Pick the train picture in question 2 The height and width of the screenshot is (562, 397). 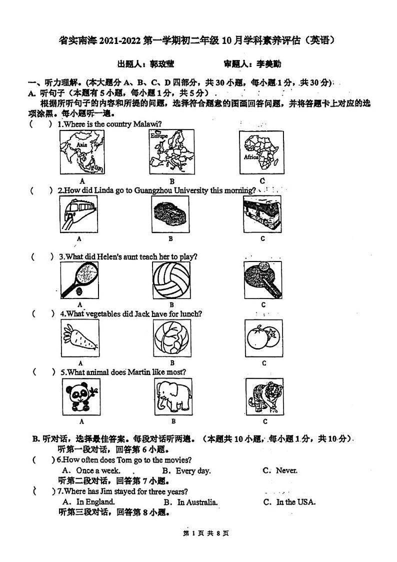[x=79, y=214]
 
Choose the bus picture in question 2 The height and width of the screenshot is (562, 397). [x=262, y=214]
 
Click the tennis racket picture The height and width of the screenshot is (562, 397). [x=80, y=279]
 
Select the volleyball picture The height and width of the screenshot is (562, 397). [x=171, y=279]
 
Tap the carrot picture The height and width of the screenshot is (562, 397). [x=80, y=338]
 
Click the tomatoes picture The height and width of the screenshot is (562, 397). [x=263, y=338]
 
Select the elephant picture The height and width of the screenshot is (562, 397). [x=172, y=397]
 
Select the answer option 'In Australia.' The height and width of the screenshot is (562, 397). [x=197, y=502]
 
